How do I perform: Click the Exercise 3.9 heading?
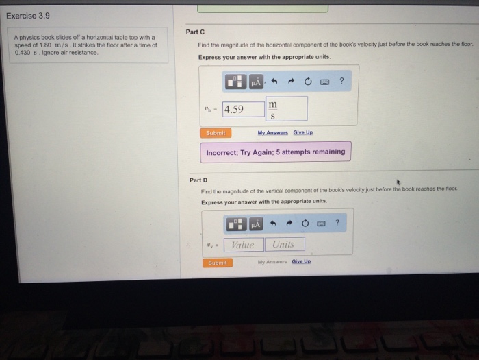click(28, 14)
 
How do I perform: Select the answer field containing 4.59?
click(244, 109)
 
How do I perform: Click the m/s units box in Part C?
click(287, 109)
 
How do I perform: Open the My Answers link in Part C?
click(272, 132)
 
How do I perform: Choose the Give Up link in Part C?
click(304, 132)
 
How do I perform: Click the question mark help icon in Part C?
click(341, 82)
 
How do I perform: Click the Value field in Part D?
click(242, 245)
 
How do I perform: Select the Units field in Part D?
click(284, 245)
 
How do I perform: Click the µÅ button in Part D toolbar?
click(256, 224)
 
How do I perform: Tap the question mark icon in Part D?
click(337, 223)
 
